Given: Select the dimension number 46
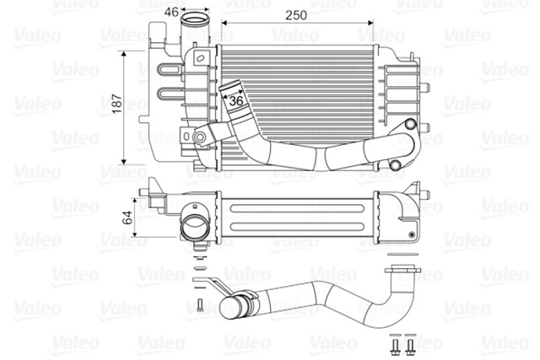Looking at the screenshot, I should pyautogui.click(x=170, y=12).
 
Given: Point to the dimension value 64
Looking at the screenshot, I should pyautogui.click(x=127, y=216).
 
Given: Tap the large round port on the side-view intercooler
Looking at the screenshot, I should pyautogui.click(x=193, y=228).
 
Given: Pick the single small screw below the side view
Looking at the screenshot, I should pyautogui.click(x=198, y=305).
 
